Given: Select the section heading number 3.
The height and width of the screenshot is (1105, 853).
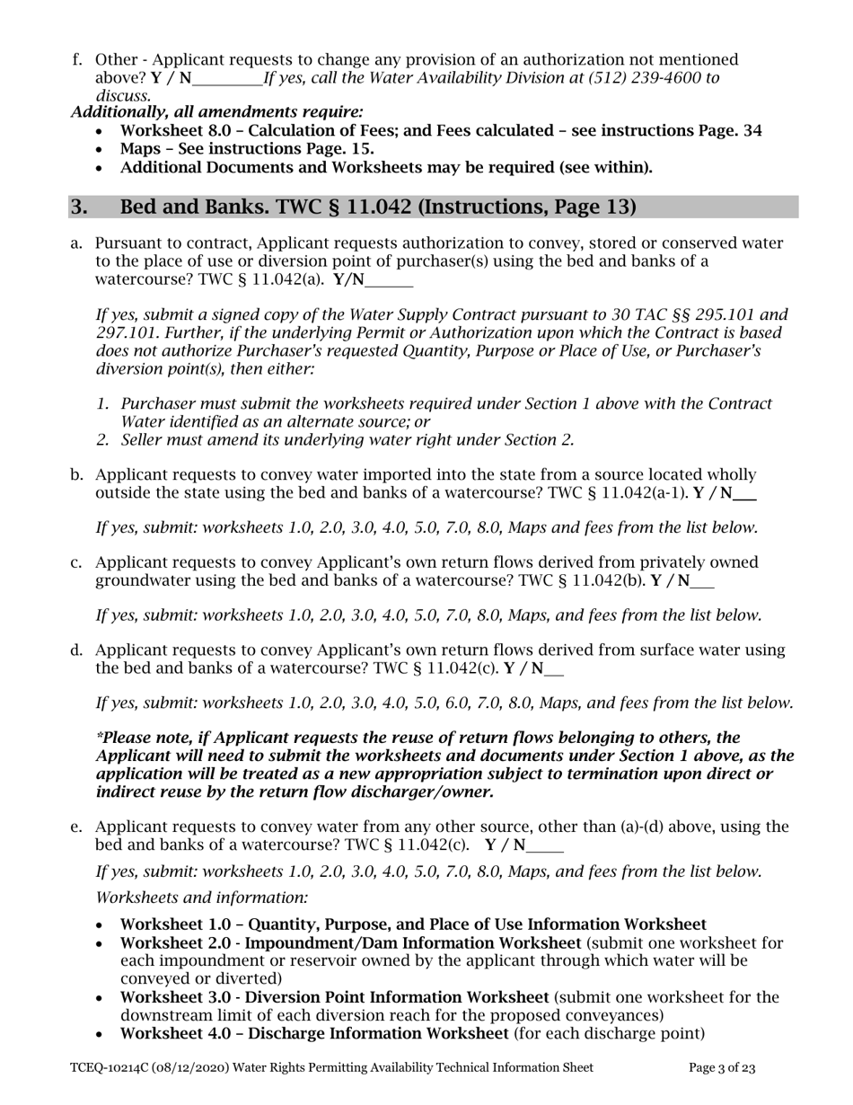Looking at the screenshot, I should pyautogui.click(x=79, y=208).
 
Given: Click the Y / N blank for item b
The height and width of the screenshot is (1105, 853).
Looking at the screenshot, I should pyautogui.click(x=745, y=493).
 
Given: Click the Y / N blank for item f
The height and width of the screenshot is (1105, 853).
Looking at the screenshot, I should pyautogui.click(x=227, y=77).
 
